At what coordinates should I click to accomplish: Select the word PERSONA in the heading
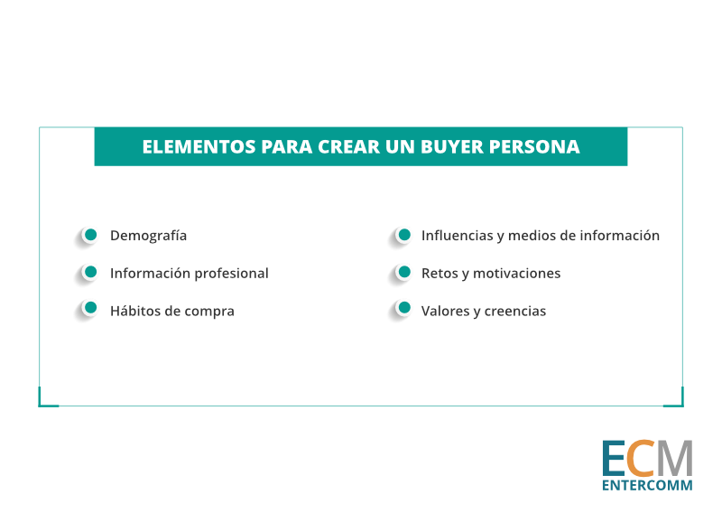(x=534, y=147)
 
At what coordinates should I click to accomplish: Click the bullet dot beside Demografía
(x=91, y=235)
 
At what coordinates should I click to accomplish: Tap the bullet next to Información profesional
(x=91, y=272)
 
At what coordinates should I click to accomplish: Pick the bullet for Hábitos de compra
(x=91, y=307)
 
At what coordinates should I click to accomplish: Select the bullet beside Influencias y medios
(x=404, y=235)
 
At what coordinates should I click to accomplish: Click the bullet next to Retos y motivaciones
(x=404, y=272)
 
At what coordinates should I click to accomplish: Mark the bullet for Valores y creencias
(x=404, y=307)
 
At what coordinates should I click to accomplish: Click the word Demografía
(x=148, y=236)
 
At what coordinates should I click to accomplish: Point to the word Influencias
(x=458, y=236)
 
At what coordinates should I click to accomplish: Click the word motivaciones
(x=516, y=274)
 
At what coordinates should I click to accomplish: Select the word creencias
(x=515, y=311)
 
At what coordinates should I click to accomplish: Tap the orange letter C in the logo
(x=642, y=459)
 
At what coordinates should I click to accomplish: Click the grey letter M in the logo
(x=675, y=459)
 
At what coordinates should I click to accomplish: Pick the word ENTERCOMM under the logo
(x=647, y=485)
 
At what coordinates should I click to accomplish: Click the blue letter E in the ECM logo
(x=614, y=459)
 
